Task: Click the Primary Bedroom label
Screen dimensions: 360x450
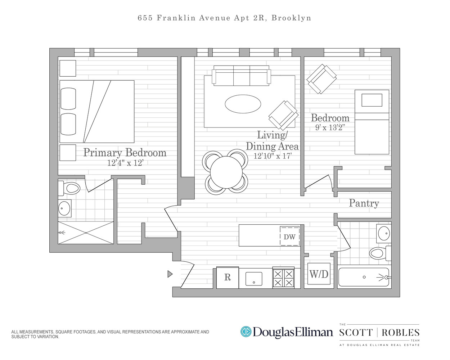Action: (125, 153)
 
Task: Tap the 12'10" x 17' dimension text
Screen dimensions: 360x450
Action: (273, 156)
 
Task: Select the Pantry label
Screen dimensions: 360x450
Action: (364, 203)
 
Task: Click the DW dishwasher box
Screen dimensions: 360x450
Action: (290, 237)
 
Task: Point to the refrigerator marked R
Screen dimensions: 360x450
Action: (228, 278)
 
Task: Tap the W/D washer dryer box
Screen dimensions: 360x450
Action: (319, 274)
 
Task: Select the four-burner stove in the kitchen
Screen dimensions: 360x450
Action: (283, 278)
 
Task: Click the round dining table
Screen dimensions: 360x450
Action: (226, 172)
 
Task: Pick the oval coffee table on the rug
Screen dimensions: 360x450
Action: (243, 104)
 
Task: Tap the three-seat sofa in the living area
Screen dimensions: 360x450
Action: (241, 76)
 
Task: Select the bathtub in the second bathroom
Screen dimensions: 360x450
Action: (364, 277)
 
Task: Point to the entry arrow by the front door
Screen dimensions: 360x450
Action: (170, 274)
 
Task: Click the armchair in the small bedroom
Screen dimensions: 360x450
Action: (321, 79)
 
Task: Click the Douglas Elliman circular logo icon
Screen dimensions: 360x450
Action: (246, 332)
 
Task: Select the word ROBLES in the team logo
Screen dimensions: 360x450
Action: (400, 333)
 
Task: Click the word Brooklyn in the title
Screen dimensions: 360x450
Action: (291, 18)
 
